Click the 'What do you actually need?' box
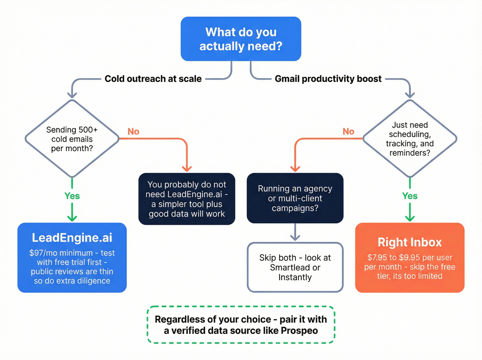coord(241,39)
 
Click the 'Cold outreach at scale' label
coord(153,79)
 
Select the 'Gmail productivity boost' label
coord(328,79)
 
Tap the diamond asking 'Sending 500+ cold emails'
coord(72,139)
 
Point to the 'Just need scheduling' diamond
coord(410,139)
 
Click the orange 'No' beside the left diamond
coord(133,132)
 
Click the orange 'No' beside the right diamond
coord(348,132)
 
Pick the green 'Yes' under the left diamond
coord(72,196)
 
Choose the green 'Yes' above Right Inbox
coord(410,196)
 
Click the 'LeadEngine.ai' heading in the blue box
coord(72,238)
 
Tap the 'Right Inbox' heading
coord(410,242)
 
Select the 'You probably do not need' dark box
coord(187,199)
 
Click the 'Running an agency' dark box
coord(295,198)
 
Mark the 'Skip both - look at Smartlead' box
coord(295,267)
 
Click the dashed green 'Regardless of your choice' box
coord(241,325)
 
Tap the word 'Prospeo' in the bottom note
coord(299,331)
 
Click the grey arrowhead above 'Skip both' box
coord(295,237)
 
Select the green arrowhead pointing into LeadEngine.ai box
coord(72,218)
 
